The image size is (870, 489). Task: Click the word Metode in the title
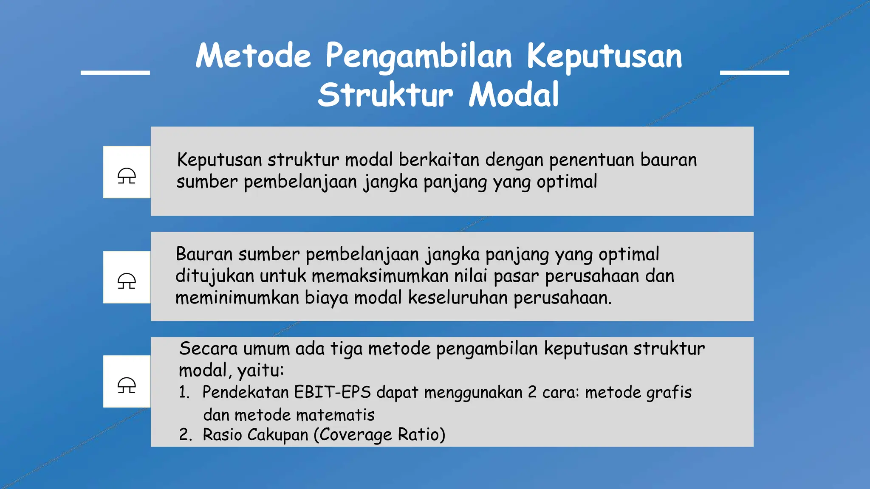coord(253,56)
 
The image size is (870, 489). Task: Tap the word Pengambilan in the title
coord(419,57)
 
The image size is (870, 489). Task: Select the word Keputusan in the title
coord(604,57)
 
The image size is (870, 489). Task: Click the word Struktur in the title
coord(385,95)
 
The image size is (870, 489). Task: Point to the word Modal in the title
coord(514,95)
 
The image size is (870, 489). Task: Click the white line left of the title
coord(115,73)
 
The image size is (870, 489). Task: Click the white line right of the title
coord(754,73)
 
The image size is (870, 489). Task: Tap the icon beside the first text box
coord(127,175)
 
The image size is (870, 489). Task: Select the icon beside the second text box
coord(127,281)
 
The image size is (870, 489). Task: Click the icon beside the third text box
coord(127,385)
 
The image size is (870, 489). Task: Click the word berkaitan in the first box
coord(439,160)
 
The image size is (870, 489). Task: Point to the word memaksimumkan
coord(380,276)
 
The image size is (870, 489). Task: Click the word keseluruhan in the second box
coord(458,298)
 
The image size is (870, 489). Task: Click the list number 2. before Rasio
coord(185,435)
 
